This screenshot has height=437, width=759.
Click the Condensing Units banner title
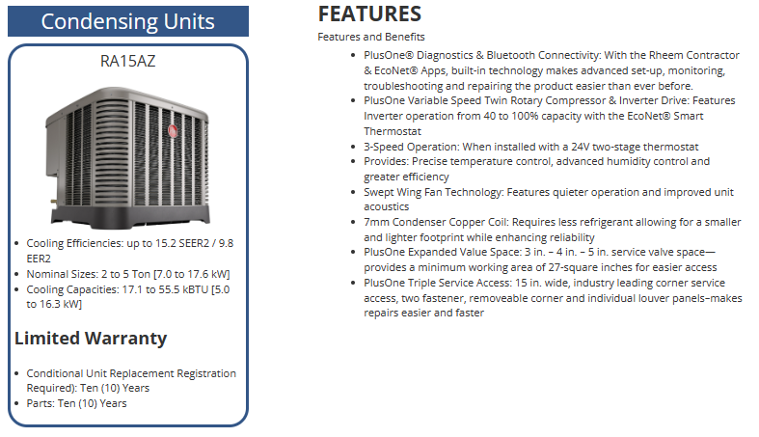[128, 21]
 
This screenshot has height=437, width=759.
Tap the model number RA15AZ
[128, 61]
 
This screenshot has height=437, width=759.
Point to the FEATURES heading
[369, 14]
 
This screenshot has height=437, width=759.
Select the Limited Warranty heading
[91, 339]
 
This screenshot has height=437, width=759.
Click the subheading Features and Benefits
[371, 37]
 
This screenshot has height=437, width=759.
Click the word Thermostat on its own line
[393, 131]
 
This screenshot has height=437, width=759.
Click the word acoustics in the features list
[387, 206]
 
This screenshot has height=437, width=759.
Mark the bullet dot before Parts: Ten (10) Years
[17, 403]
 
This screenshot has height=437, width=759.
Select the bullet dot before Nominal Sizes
[17, 274]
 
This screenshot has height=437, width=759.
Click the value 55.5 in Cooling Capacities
[171, 289]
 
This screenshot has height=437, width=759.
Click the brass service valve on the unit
[53, 201]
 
